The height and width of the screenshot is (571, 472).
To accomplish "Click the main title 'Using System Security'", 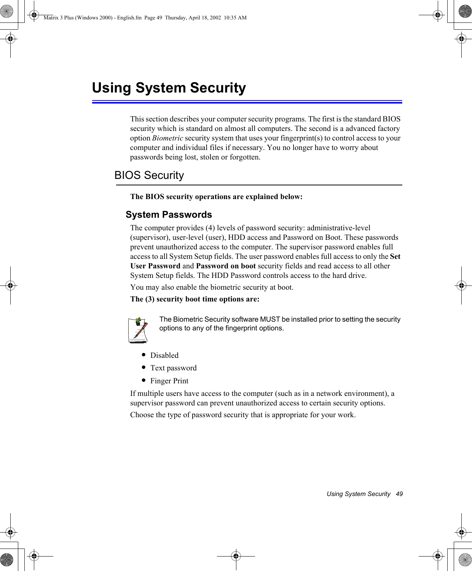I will tap(169, 88).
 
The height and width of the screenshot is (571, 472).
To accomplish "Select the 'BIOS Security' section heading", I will tap(149, 175).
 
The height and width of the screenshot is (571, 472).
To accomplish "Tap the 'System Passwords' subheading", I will tap(169, 215).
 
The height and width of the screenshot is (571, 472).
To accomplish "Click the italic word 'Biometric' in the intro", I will tap(167, 138).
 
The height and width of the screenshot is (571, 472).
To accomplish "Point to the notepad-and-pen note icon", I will tap(138, 330).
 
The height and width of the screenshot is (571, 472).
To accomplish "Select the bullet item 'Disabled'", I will tap(164, 355).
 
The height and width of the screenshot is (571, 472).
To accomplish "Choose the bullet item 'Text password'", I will tap(173, 368).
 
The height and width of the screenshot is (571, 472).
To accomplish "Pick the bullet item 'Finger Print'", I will tap(169, 381).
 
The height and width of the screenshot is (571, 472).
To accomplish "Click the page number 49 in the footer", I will tap(399, 494).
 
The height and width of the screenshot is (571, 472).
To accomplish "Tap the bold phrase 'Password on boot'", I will tap(226, 266).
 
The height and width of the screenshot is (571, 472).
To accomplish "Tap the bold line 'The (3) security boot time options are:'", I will tap(195, 299).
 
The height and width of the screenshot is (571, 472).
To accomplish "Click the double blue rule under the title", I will tap(247, 102).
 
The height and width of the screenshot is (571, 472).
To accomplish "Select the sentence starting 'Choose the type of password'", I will tap(243, 415).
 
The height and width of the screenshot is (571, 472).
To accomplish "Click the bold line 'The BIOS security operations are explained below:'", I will tap(216, 197).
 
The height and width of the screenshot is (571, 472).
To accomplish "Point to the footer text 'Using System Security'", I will tap(358, 494).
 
